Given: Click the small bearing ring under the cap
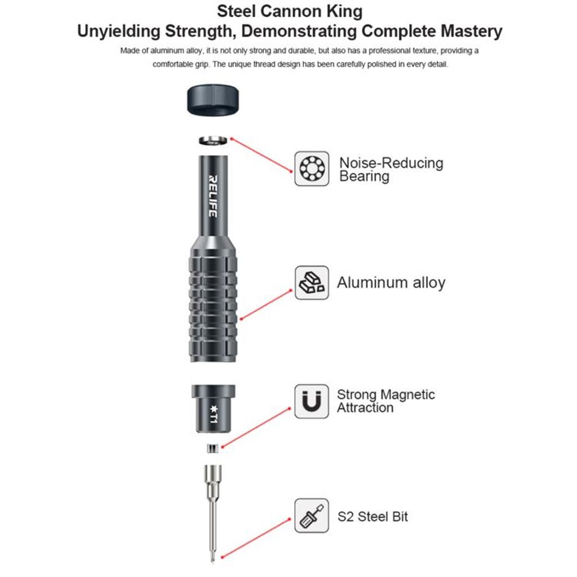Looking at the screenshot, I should tap(212, 140).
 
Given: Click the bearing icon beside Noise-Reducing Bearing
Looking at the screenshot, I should tap(312, 168).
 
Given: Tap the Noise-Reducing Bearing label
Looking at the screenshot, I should tap(391, 170).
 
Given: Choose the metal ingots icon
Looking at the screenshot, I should tap(312, 283).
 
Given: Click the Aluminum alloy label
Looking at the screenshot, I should tap(391, 283).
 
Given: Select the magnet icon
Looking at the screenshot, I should tap(312, 401).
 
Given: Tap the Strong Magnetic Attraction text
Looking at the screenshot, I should tap(386, 401).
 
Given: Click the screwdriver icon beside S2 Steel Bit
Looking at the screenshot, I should tap(312, 516).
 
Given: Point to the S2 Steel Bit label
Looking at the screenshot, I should tap(372, 516).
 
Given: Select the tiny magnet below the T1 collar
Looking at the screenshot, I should tap(212, 449).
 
